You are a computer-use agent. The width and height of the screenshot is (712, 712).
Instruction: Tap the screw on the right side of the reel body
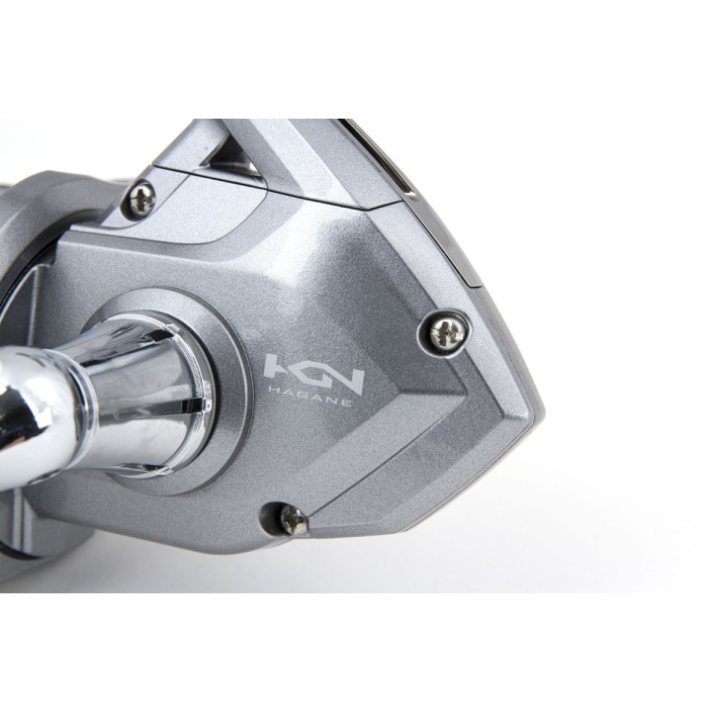tap(446, 332)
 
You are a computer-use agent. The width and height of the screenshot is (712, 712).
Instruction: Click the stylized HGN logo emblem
tap(314, 373)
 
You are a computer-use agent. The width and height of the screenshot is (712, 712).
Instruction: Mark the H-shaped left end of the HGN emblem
tap(282, 368)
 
